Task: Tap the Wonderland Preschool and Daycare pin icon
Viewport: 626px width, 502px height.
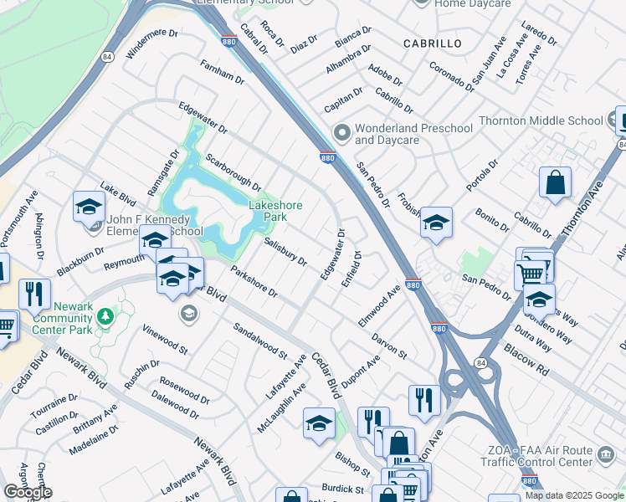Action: coord(341,133)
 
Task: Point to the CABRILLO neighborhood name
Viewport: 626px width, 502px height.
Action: coord(432,43)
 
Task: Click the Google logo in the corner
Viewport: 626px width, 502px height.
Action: coord(27,492)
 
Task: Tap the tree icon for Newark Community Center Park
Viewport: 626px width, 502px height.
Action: coord(105,316)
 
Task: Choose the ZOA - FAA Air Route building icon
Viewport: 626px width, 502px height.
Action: coord(604,456)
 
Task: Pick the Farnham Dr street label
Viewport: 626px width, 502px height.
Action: coord(222,73)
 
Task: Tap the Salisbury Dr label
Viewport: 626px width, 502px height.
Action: coord(285,252)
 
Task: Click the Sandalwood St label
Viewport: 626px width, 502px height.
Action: coord(259,341)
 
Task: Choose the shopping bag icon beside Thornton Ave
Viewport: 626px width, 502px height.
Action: coord(555,182)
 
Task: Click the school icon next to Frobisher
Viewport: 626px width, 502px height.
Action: coord(436,223)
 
